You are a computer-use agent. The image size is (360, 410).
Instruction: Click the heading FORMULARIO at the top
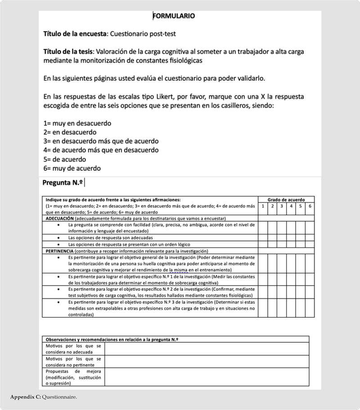tap(174, 16)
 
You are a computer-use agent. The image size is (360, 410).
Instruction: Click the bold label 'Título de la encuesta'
tap(75, 34)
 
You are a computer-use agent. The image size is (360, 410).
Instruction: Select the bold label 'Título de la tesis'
tap(68, 51)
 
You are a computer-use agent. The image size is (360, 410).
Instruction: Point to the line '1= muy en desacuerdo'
tap(77, 123)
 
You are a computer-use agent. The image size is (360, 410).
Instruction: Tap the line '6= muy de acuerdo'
tap(72, 168)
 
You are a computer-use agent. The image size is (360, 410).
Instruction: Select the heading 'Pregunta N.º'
tap(63, 183)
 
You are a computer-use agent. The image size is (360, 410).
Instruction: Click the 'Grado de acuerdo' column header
tap(286, 200)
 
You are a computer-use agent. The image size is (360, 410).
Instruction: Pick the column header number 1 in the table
tap(263, 206)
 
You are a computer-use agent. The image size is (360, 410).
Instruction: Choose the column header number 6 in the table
tap(310, 206)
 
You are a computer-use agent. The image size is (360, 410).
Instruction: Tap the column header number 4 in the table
tap(291, 206)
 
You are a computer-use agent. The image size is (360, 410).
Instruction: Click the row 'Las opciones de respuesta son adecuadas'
tap(110, 237)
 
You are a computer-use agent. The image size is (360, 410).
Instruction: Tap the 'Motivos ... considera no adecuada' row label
tap(73, 349)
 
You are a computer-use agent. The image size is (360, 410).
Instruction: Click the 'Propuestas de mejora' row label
tap(73, 378)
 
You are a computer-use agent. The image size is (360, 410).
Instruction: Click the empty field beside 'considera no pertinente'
tap(207, 362)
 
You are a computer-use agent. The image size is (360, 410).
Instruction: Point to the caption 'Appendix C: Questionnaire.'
tap(44, 397)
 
